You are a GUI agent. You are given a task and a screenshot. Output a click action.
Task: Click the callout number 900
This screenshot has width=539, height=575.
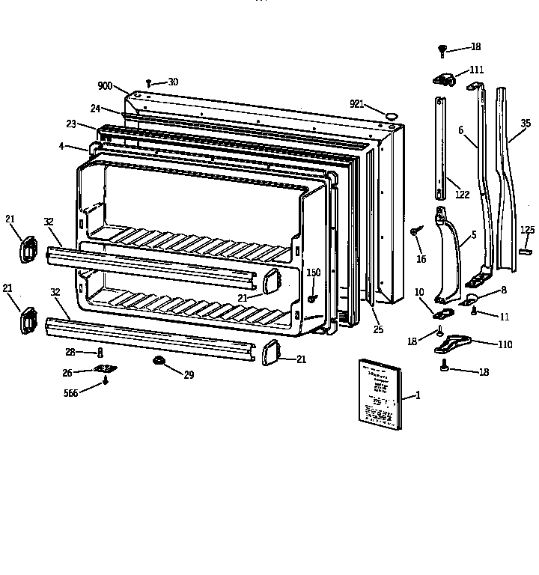[105, 86]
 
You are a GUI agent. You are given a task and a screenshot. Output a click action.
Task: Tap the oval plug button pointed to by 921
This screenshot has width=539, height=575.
[391, 115]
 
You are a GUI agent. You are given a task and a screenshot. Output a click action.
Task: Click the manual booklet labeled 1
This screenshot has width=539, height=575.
[380, 394]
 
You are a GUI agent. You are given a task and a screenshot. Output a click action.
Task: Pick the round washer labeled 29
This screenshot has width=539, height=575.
[159, 362]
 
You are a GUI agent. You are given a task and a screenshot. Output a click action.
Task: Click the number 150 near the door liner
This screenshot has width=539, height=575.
[313, 273]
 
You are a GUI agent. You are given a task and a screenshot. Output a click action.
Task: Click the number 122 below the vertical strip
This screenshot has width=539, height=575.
[462, 195]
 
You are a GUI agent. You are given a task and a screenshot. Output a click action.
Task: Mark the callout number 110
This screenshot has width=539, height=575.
[506, 344]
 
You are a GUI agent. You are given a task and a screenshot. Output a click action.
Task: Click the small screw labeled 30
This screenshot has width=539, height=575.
[149, 83]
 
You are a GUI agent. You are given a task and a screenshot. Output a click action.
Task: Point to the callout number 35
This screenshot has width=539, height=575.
[526, 124]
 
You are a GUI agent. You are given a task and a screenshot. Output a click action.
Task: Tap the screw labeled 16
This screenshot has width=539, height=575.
[414, 234]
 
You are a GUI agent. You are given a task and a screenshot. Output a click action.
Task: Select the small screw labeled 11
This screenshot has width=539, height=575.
[473, 310]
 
